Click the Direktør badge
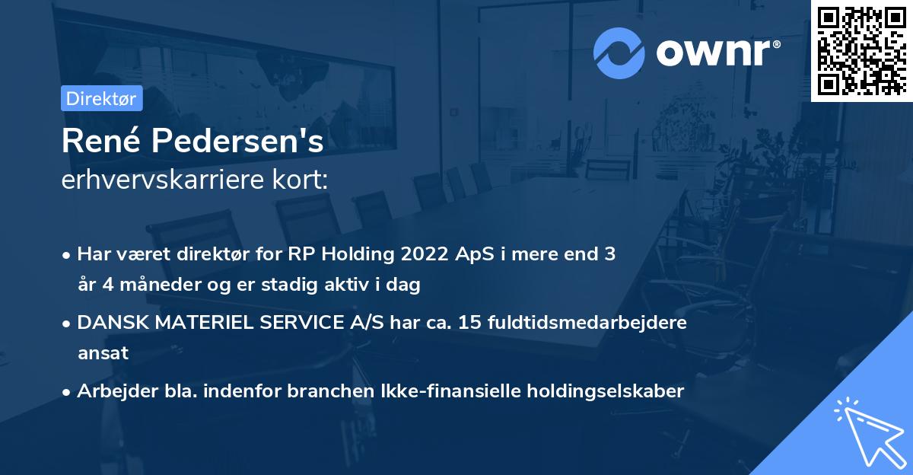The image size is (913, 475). pos(101,98)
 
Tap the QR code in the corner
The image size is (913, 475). pos(861,50)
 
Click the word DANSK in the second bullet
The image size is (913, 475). pos(105,323)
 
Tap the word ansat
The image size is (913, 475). pos(103,354)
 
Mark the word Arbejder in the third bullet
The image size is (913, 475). pos(112,391)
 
